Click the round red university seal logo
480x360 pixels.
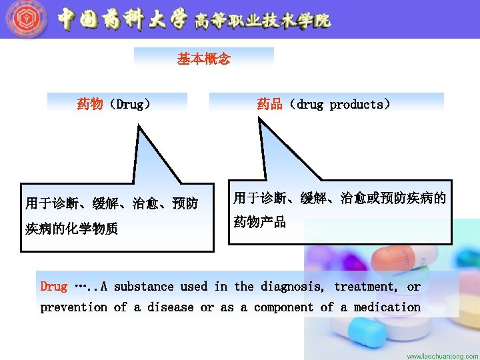pos(26,19)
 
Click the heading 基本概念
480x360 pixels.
pos(203,59)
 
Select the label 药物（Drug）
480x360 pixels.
pos(113,104)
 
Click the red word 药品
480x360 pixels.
pos(270,104)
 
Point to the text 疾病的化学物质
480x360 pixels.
pos(71,229)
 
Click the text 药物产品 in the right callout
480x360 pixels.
pos(260,222)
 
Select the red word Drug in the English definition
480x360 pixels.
pos(53,287)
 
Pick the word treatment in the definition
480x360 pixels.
pos(365,287)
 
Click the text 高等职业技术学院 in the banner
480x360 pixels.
pos(263,21)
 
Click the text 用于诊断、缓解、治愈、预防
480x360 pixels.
pos(111,203)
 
